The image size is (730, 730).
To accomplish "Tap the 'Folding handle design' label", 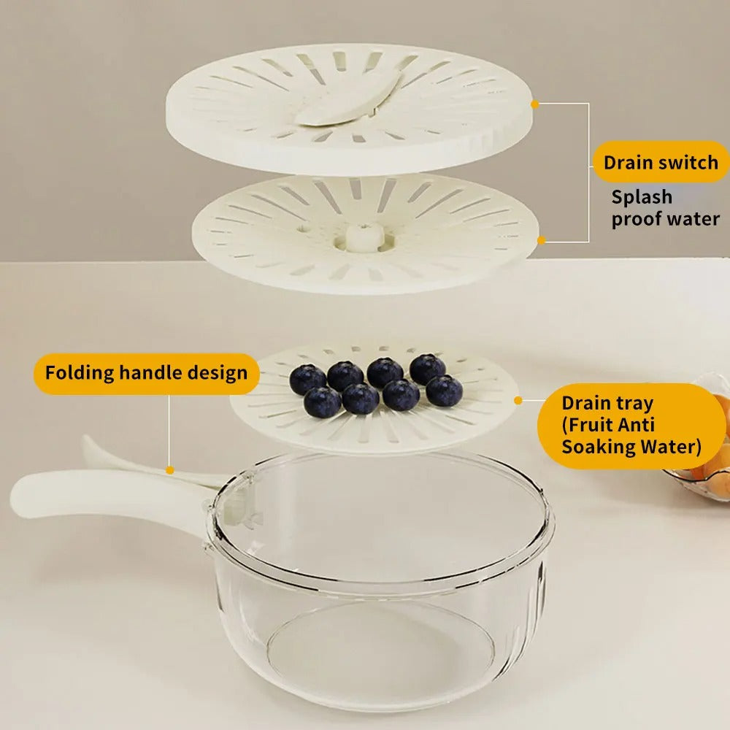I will pos(146,373).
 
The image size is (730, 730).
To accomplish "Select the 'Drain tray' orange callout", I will pos(631,425).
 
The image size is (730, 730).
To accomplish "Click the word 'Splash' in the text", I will pos(642,197).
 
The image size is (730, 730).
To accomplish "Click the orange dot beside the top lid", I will pos(535,104).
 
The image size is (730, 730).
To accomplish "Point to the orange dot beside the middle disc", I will pos(541,239).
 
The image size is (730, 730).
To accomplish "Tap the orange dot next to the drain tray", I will pos(518,400).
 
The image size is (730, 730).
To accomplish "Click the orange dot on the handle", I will pos(169,470).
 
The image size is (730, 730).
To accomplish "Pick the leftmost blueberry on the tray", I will pos(307,379).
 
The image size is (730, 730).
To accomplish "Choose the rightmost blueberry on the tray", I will pos(444,391).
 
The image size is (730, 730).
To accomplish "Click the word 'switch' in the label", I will pos(688,162).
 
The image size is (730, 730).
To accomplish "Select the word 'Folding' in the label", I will pos(78,373).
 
